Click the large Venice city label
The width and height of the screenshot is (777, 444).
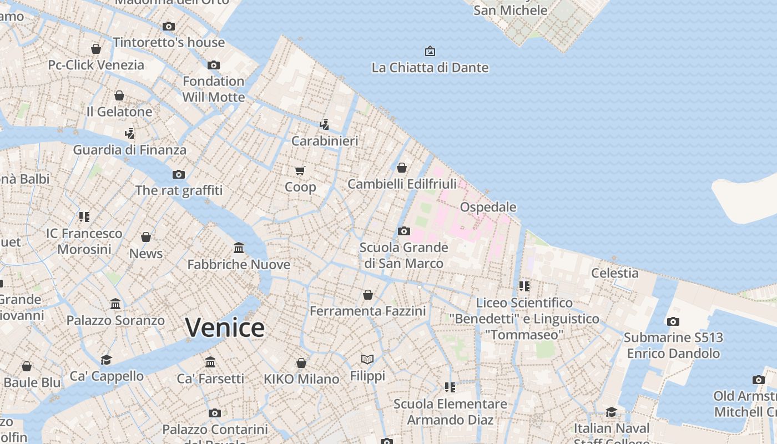[225, 327]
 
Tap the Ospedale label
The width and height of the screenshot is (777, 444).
[488, 207]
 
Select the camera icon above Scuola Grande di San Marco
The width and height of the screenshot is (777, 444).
[404, 231]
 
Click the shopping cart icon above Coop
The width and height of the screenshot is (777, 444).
[300, 170]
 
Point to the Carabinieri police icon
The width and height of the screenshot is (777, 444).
[324, 125]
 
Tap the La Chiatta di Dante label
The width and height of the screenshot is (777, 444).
[430, 68]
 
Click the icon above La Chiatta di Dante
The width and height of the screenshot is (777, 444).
[430, 51]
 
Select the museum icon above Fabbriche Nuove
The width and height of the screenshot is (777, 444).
[239, 248]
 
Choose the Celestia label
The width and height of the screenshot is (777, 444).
[614, 273]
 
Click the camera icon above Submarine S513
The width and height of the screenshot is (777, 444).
[673, 321]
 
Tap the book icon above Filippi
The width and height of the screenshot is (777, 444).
[367, 359]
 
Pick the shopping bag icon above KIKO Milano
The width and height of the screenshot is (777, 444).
[301, 363]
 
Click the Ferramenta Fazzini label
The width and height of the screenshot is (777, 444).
[367, 311]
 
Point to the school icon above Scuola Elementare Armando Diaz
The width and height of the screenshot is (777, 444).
[450, 387]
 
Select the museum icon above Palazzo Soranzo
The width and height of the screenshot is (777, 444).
[115, 304]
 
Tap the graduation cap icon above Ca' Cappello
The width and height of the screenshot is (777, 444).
[107, 360]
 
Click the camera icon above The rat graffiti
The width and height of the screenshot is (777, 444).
[179, 174]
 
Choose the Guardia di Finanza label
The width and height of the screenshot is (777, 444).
[130, 150]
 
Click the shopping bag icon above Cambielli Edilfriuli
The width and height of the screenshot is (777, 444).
[402, 168]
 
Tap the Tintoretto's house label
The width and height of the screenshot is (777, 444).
[169, 43]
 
